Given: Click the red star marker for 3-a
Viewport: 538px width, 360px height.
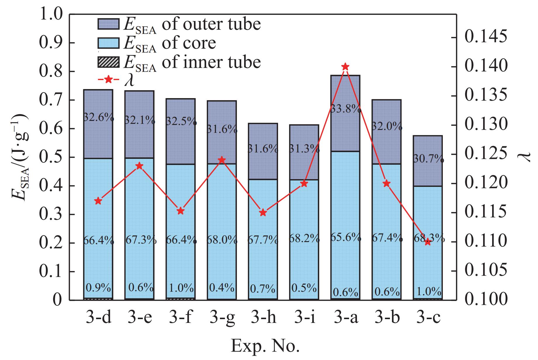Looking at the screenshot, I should (345, 67).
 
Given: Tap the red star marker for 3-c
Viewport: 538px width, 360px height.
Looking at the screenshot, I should (428, 242).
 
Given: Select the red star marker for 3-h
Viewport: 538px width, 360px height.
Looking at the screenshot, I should (263, 212).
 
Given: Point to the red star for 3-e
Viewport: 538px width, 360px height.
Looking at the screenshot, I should (140, 166).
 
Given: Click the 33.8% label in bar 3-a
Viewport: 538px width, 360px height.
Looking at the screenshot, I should (346, 109).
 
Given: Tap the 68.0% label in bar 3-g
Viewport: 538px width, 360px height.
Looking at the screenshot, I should (222, 240).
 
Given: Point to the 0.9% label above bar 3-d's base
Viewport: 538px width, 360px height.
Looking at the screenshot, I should (98, 288).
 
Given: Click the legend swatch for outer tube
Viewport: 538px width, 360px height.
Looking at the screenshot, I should (108, 24).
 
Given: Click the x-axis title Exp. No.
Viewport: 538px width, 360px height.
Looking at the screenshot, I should (265, 347).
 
